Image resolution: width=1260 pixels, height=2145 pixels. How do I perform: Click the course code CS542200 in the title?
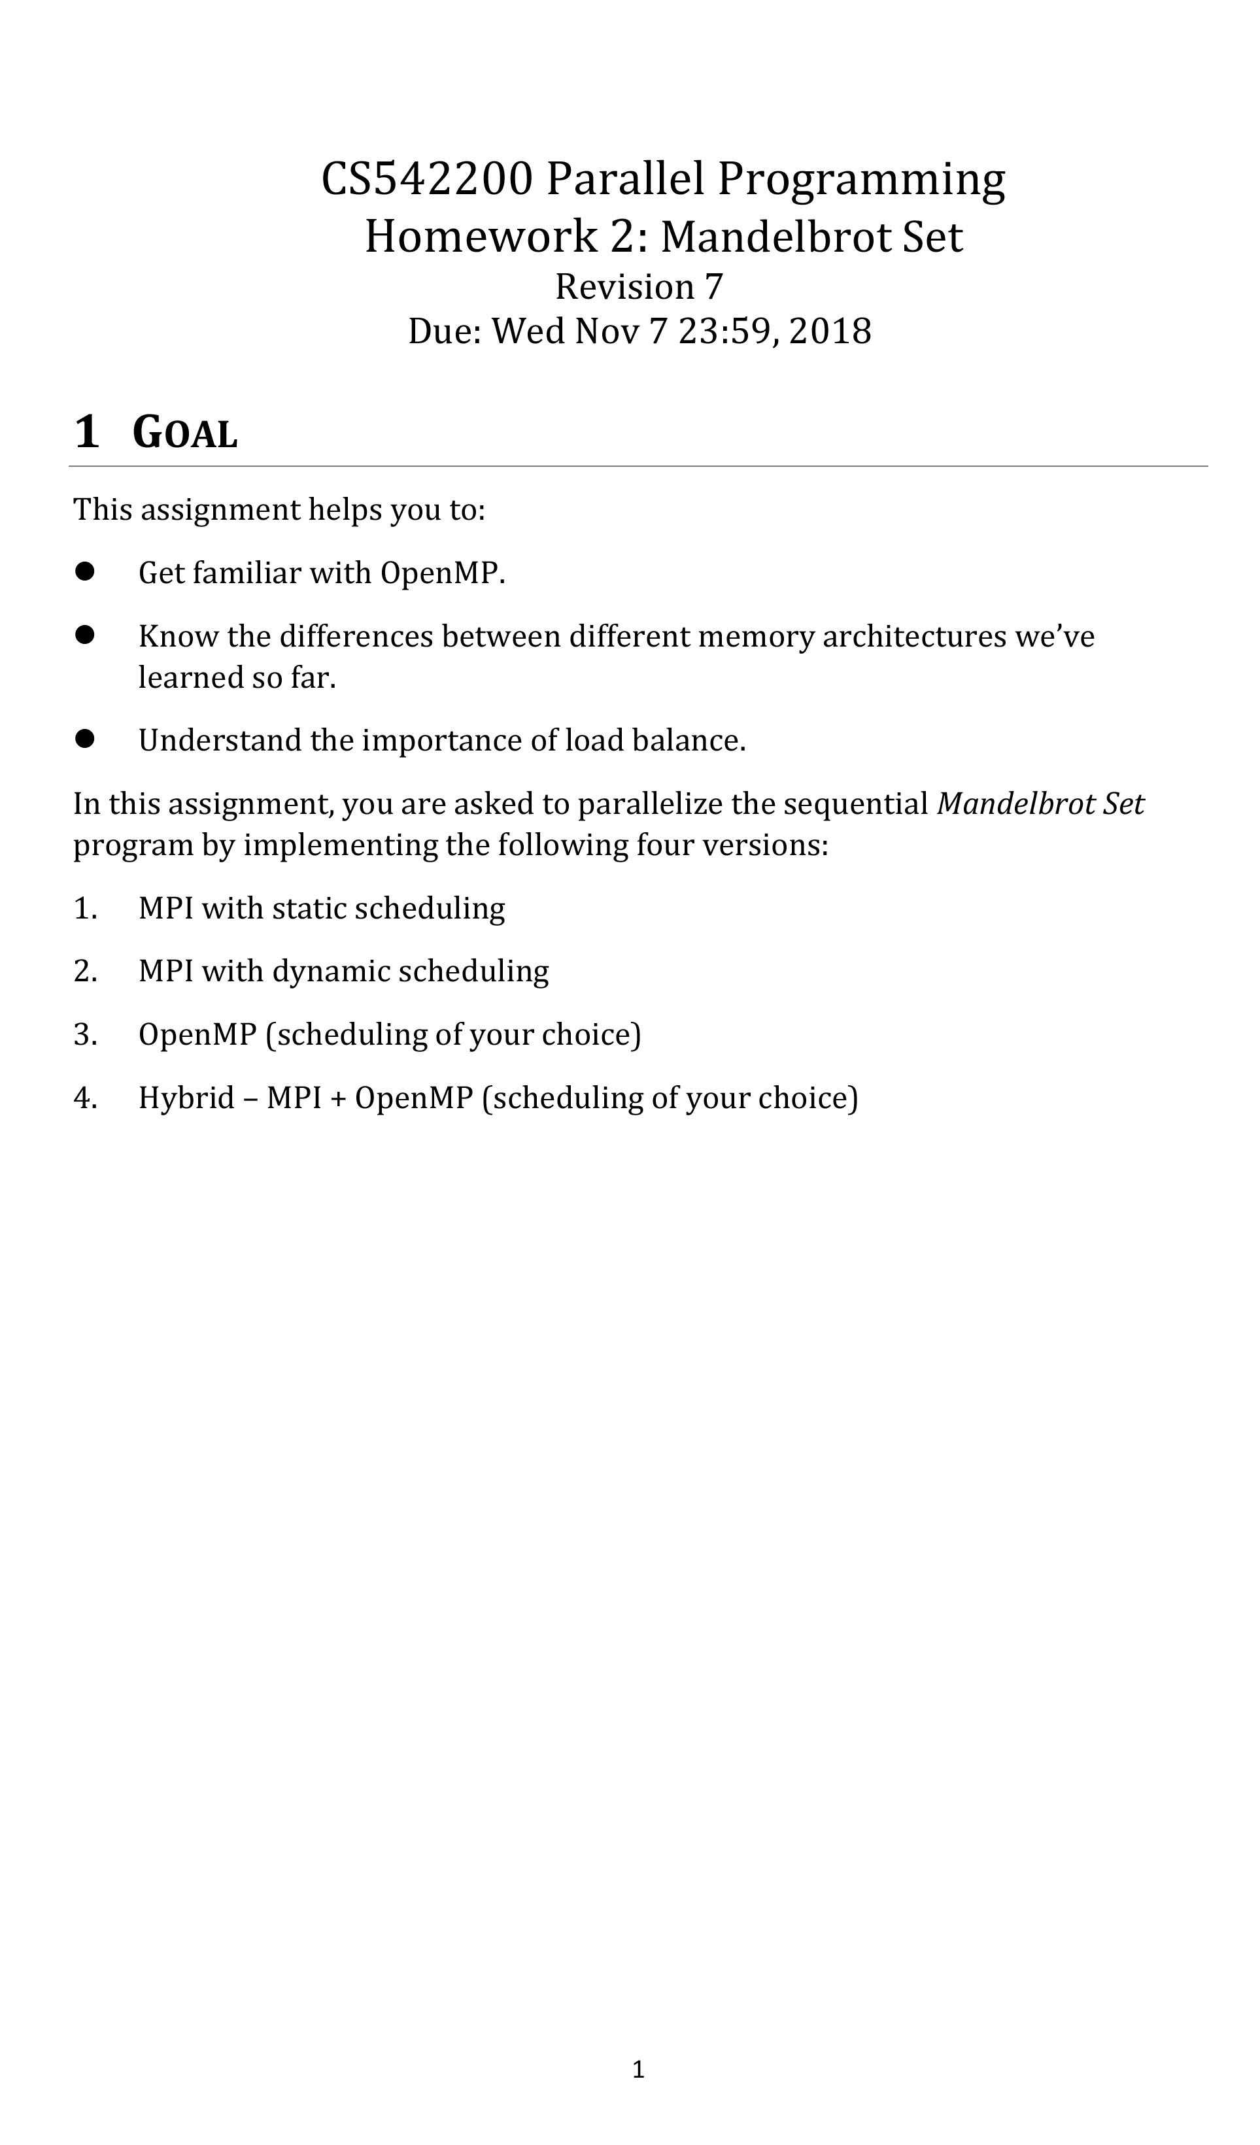click(x=428, y=180)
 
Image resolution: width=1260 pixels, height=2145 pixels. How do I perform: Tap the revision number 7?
click(x=713, y=287)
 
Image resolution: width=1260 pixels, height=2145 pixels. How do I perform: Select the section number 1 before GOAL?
click(x=87, y=431)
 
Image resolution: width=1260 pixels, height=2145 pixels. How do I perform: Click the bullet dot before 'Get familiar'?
click(x=84, y=571)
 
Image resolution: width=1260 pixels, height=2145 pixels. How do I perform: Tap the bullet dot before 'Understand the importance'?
click(x=84, y=739)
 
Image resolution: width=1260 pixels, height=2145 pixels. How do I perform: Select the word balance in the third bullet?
click(x=688, y=741)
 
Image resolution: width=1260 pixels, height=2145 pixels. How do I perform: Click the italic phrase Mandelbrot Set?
click(x=1040, y=804)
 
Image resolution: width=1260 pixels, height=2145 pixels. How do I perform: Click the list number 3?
click(x=84, y=1035)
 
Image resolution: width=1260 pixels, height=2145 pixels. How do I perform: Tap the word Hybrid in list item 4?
click(x=186, y=1098)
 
